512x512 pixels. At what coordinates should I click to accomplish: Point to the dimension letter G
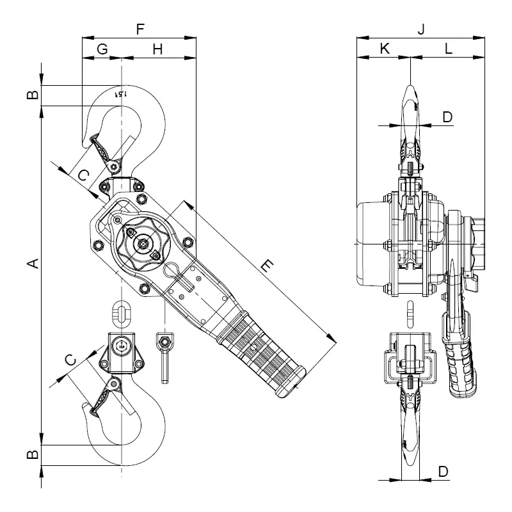tap(102, 49)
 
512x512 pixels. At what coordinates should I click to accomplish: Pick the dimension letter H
tap(158, 49)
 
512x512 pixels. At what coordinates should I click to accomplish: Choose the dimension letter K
tap(384, 49)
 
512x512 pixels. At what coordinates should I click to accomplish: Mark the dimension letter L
tap(448, 49)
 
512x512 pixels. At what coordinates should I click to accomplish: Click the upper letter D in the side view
tap(447, 116)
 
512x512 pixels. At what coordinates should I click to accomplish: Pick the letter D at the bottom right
tap(443, 472)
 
